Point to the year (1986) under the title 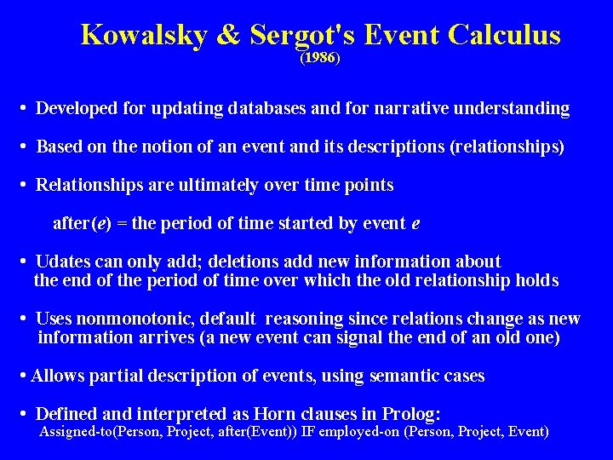coord(320,59)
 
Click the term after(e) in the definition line coord(81,223)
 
